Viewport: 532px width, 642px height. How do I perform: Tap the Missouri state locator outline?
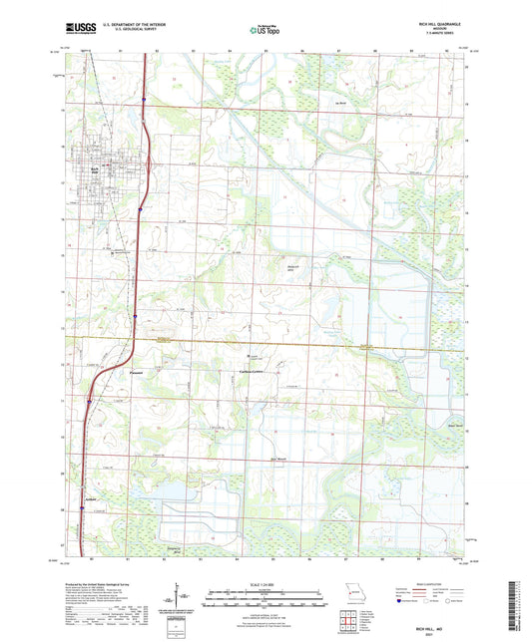tap(347, 590)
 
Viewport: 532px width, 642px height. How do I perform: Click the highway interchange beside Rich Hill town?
tap(143, 166)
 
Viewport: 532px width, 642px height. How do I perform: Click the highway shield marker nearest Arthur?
tap(83, 507)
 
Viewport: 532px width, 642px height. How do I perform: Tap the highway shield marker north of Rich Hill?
tap(146, 100)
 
